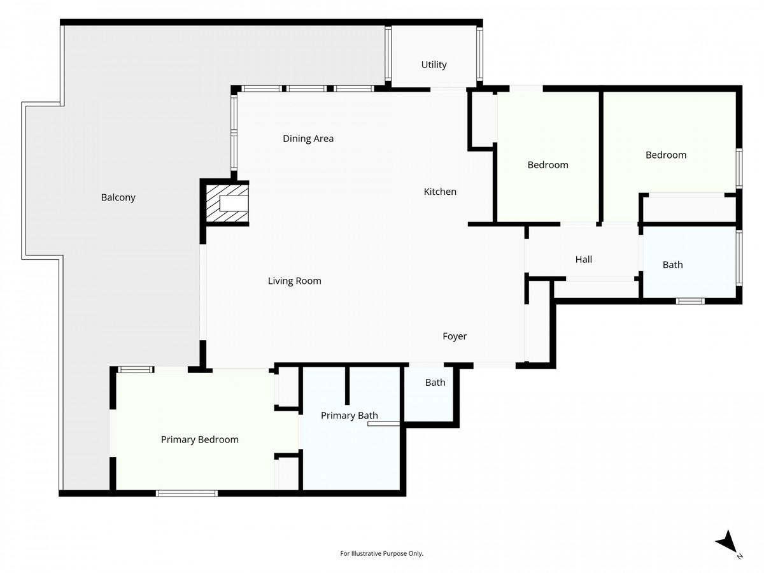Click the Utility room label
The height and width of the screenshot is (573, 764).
[434, 64]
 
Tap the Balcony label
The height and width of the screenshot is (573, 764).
[118, 197]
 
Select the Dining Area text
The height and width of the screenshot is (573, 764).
[308, 138]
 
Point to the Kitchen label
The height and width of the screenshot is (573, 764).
[440, 191]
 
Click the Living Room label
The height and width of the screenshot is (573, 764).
[294, 280]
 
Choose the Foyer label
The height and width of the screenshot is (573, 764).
[455, 336]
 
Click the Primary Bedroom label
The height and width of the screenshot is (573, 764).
[199, 439]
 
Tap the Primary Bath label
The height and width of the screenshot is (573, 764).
[349, 416]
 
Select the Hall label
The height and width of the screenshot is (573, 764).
[583, 259]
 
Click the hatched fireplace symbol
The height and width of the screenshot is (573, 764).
[227, 204]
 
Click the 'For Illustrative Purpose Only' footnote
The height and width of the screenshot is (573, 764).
[382, 553]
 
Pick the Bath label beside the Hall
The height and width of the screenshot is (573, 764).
[672, 264]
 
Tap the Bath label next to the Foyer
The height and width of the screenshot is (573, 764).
[435, 382]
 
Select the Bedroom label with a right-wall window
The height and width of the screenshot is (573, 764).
[665, 155]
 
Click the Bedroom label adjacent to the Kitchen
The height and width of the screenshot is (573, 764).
[548, 164]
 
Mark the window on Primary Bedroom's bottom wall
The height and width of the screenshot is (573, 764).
[187, 493]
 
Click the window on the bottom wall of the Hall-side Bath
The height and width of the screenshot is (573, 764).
[690, 301]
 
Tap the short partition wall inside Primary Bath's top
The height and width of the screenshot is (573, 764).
[347, 386]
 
